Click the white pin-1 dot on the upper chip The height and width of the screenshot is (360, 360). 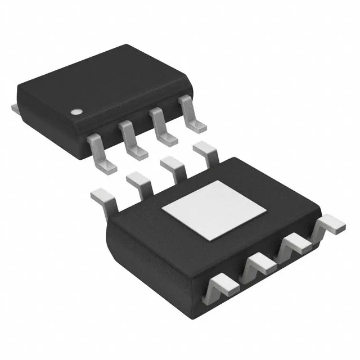tap(75, 111)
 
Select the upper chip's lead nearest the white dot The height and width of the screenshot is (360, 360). tap(100, 151)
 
